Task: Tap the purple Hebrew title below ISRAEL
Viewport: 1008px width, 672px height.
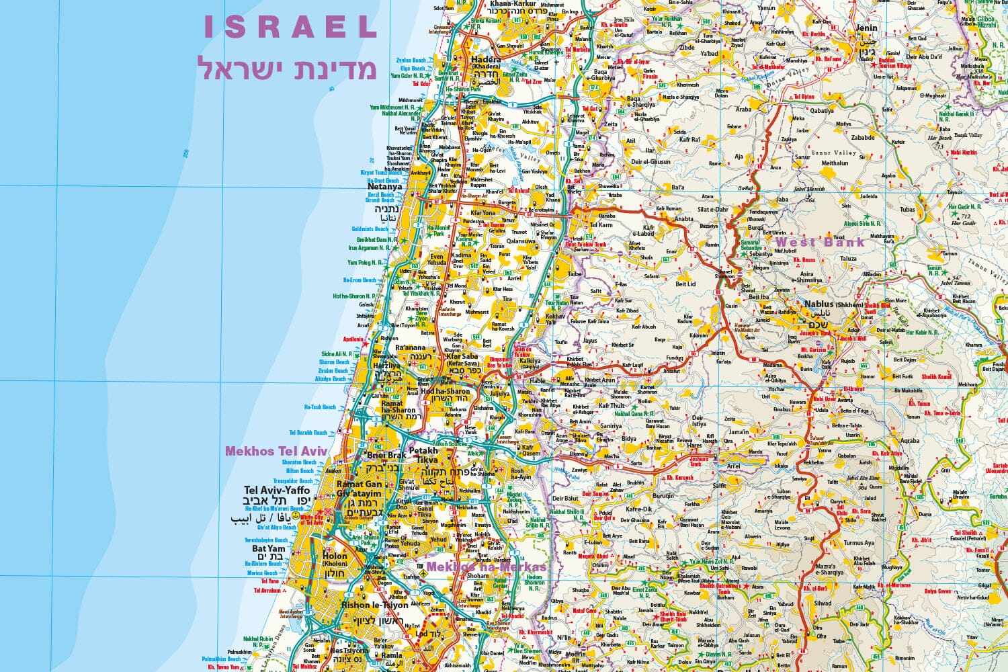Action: [286, 69]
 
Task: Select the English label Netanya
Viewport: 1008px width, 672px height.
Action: [385, 187]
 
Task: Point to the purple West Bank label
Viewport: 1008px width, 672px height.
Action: [821, 242]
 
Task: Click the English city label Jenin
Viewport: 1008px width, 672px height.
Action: [866, 28]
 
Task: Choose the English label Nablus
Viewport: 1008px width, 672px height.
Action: [818, 304]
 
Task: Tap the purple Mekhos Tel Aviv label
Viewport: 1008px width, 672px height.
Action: [276, 451]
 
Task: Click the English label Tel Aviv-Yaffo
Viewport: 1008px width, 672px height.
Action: [277, 490]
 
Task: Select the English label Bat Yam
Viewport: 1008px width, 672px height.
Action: [269, 548]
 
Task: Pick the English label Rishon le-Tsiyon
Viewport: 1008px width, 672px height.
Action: [374, 605]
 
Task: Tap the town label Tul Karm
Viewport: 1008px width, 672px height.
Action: [600, 225]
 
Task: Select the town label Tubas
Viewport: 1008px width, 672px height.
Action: [907, 209]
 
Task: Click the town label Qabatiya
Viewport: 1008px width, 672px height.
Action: [821, 111]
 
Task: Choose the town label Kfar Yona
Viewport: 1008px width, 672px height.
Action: [482, 213]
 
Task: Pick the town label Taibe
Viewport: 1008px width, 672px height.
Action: [574, 274]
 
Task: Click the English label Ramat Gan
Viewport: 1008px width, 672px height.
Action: [359, 484]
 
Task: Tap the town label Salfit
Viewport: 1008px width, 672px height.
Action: [719, 485]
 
